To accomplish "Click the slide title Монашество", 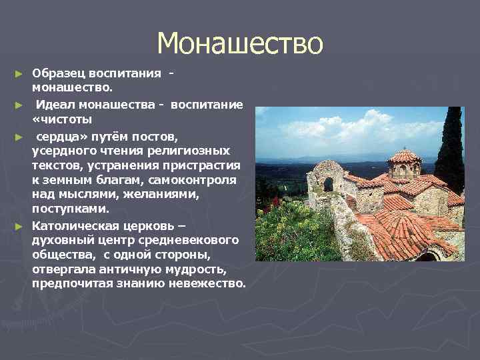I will [x=240, y=44].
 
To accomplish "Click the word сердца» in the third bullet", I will [x=57, y=136].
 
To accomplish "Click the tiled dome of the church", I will [x=404, y=157].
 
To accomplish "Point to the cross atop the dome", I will [x=404, y=145].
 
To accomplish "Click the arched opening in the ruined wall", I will [x=328, y=184].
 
